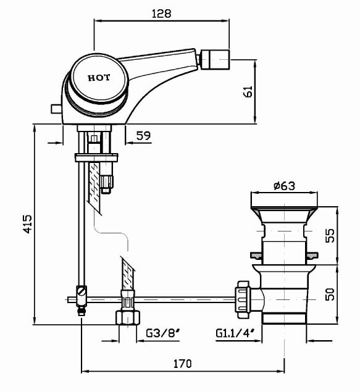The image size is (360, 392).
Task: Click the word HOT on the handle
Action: (99, 78)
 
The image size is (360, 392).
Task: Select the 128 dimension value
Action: (162, 14)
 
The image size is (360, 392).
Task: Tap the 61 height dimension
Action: (248, 92)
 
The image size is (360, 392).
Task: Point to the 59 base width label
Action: (143, 135)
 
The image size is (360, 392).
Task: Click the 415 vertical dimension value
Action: (28, 224)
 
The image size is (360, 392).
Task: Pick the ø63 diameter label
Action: (284, 186)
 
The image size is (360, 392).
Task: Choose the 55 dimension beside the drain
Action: (330, 235)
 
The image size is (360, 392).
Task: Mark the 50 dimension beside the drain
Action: (330, 294)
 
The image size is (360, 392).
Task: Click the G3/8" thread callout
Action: (163, 333)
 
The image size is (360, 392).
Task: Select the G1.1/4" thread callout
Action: (235, 333)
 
